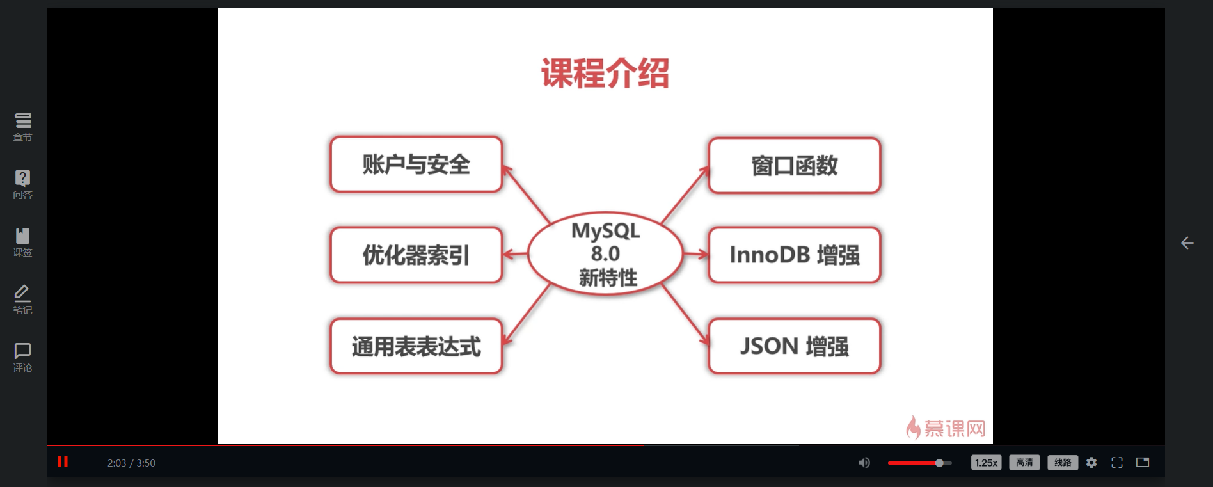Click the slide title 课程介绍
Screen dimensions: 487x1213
point(605,73)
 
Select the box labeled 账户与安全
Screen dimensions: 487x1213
point(416,164)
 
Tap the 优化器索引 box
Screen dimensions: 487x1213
point(416,255)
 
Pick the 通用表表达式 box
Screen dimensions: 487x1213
point(416,346)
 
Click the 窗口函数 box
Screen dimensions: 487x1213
point(794,166)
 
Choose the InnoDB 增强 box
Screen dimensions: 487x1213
point(794,255)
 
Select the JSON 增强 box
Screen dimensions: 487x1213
point(794,346)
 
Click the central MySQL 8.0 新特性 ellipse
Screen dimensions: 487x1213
point(605,254)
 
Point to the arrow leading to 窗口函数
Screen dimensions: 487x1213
point(685,195)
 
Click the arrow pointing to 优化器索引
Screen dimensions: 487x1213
point(516,254)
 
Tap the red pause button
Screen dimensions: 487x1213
point(63,461)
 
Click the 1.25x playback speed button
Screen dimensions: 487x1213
point(986,463)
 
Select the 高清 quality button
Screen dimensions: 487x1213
point(1024,463)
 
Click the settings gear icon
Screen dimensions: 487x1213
point(1091,463)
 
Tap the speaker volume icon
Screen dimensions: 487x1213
point(864,463)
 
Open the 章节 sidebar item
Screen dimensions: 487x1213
point(22,127)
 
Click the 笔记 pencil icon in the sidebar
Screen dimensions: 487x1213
point(22,299)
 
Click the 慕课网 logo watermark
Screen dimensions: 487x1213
point(946,427)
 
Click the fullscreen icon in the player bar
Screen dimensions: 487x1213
point(1117,463)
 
